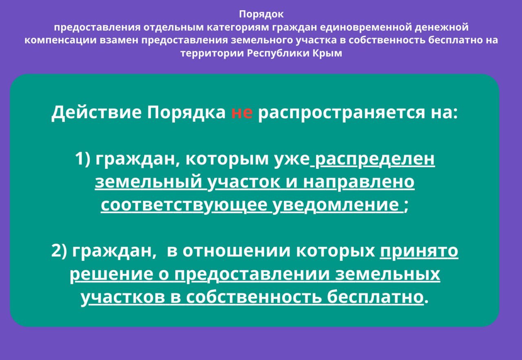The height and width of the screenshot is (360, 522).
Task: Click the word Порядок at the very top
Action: coord(261,14)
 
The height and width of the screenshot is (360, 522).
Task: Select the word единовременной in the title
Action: coord(366,27)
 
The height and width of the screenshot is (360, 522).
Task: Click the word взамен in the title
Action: coord(119,40)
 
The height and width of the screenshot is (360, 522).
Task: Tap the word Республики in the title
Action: coord(278,53)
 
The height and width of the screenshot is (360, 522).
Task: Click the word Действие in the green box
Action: coord(97,112)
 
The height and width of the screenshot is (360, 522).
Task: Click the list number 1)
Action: coord(83,159)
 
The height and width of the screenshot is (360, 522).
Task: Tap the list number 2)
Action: coord(59,251)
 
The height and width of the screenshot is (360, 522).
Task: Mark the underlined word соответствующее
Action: coord(184,205)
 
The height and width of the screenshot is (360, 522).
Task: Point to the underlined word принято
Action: coord(419,251)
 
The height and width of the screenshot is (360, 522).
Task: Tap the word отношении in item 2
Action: coord(236,251)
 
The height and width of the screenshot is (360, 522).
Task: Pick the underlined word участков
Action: coord(123,298)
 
